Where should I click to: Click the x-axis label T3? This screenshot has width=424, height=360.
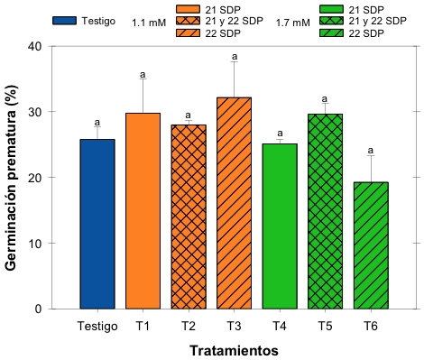point(235,325)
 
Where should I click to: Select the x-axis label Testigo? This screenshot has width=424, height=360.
point(97,325)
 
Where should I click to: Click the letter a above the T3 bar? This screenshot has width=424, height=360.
point(235,53)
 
